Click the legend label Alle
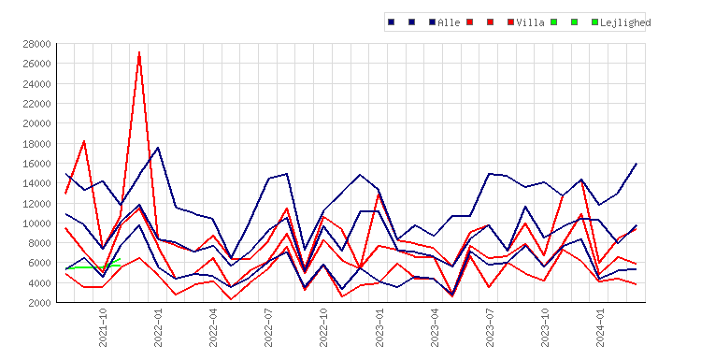click(449, 22)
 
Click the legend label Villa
click(530, 22)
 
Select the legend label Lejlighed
click(625, 22)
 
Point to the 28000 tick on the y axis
click(36, 44)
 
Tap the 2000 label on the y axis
click(40, 303)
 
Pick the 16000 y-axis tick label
click(36, 164)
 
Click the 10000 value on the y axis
click(36, 223)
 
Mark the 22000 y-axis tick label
click(36, 104)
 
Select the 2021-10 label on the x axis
click(103, 327)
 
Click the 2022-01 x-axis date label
click(158, 327)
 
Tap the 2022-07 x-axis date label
click(268, 327)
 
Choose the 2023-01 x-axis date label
click(379, 327)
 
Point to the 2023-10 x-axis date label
click(545, 327)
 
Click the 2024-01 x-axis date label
click(600, 327)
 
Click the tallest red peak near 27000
click(139, 52)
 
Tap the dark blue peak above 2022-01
click(158, 148)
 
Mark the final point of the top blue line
click(637, 164)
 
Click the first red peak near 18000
click(84, 141)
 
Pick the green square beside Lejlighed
click(594, 22)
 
